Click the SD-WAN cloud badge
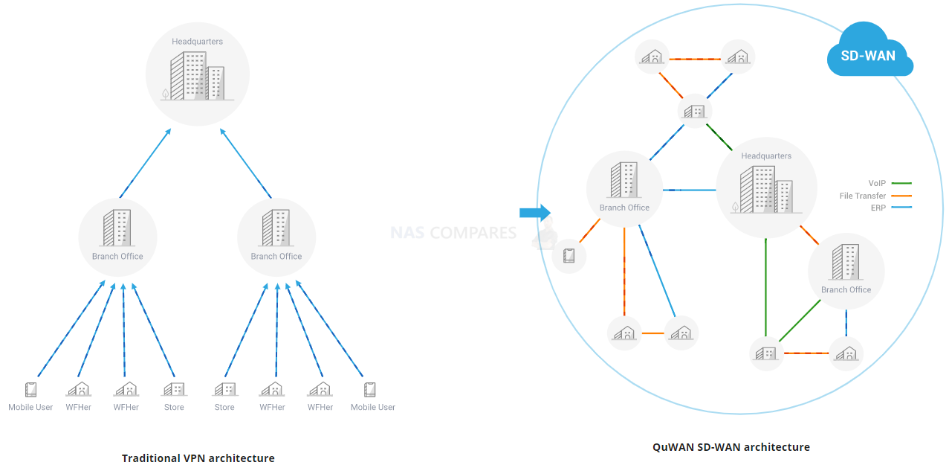868,54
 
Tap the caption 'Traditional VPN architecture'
198,458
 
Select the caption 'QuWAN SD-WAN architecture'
731,447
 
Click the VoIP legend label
877,183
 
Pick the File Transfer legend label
862,196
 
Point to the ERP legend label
878,208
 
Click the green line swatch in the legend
901,183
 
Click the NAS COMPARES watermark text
453,233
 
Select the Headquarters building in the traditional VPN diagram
197,77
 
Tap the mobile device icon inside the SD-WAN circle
569,256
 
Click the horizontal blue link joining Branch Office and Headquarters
689,190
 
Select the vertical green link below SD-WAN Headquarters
765,286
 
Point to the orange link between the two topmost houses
696,59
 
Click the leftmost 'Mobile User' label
30,407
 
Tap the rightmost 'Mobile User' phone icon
369,389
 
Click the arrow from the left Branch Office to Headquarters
145,163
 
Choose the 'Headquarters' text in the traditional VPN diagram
197,42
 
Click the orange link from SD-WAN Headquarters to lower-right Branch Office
809,235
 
